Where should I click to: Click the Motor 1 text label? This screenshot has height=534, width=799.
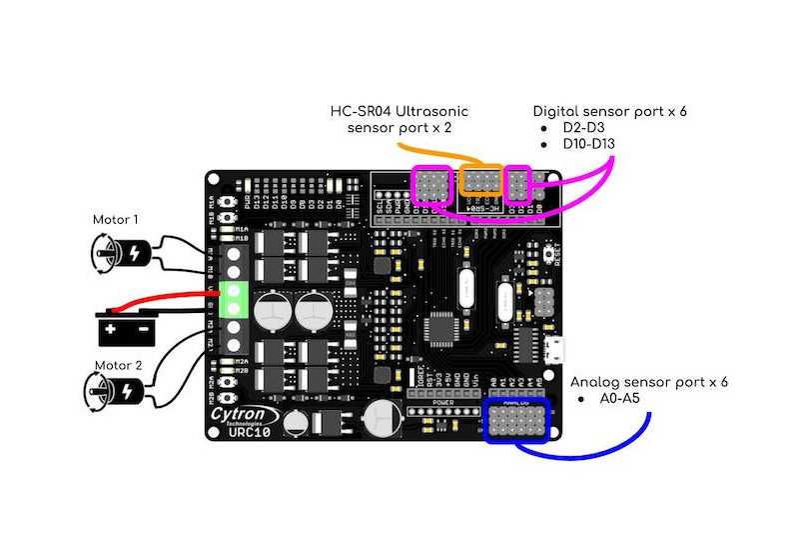(116, 219)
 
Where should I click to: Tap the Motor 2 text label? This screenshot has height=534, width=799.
(117, 365)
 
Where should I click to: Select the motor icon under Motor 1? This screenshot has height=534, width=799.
(126, 250)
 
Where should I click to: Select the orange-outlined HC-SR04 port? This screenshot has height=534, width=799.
(482, 180)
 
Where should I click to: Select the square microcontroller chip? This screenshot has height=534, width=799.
(443, 328)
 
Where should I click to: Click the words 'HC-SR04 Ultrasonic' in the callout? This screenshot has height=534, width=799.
(399, 110)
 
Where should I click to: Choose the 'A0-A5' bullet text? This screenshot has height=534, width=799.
(612, 399)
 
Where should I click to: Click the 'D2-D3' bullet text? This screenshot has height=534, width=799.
(578, 128)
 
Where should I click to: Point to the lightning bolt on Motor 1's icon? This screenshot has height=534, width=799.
(135, 252)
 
